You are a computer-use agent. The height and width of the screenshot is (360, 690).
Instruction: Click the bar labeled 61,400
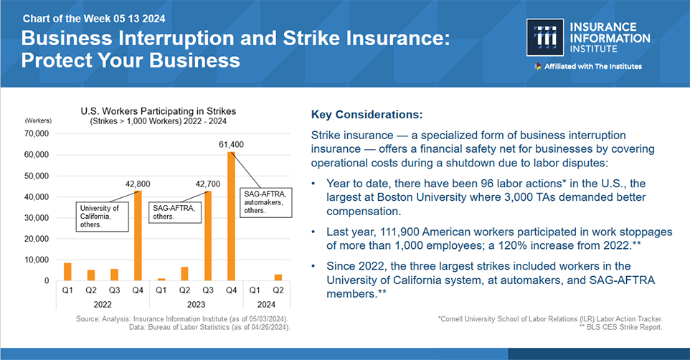pyautogui.click(x=232, y=216)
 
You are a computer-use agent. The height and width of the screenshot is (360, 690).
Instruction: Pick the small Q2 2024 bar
pyautogui.click(x=278, y=277)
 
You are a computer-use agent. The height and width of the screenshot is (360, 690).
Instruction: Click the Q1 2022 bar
pyautogui.click(x=67, y=272)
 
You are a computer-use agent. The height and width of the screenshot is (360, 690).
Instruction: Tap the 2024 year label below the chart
pyautogui.click(x=267, y=303)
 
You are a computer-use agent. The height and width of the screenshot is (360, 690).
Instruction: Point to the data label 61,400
pyautogui.click(x=231, y=144)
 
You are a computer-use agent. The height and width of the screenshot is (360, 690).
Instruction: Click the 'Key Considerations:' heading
pyautogui.click(x=367, y=115)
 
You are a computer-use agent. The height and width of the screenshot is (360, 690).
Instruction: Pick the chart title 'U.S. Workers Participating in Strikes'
pyautogui.click(x=158, y=111)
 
